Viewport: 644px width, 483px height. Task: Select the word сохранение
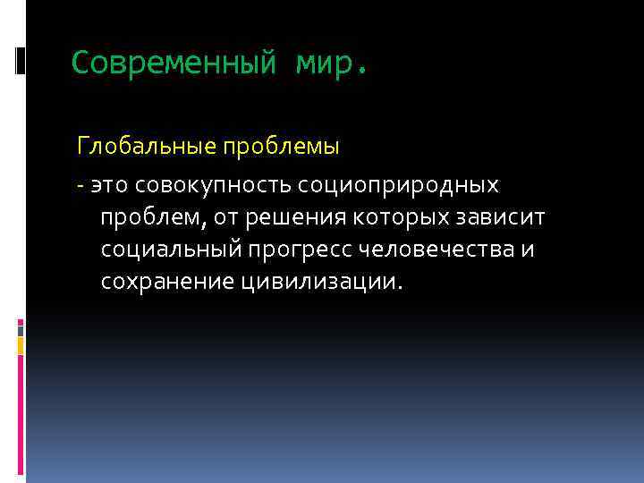[168, 282]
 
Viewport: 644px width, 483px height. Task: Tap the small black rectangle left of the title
[21, 61]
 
